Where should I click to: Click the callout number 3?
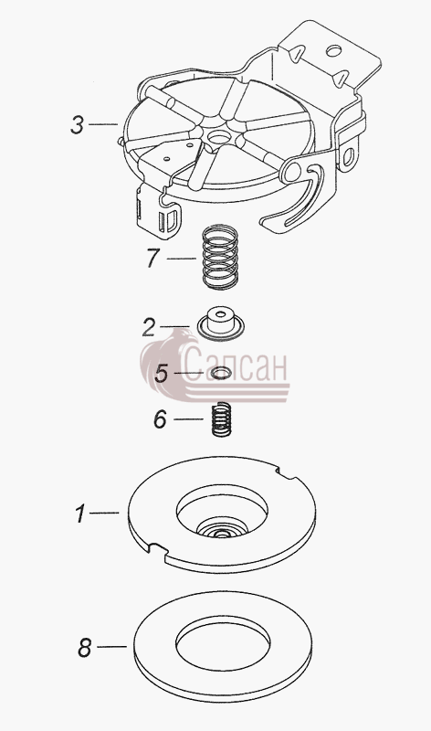pos(78,125)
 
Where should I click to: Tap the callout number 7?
pos(153,259)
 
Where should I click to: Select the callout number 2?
pos(149,328)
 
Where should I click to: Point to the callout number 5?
pos(162,374)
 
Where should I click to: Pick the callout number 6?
pos(160,419)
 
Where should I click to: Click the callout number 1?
pos(81,514)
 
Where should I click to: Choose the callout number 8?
pos(84,648)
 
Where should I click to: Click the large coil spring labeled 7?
pos(220,258)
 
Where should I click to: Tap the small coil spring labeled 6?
pos(222,419)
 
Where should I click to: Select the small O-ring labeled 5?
pos(221,373)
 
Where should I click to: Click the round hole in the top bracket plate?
pos(333,50)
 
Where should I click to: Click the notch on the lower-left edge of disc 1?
pos(157,549)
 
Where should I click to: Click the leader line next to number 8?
pos(111,647)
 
